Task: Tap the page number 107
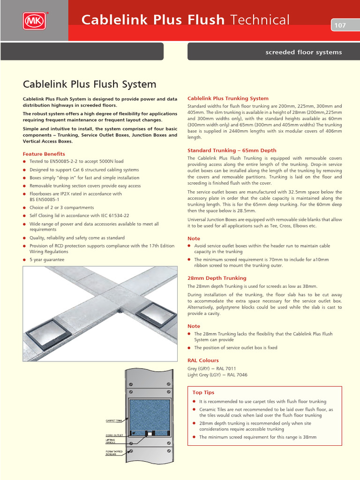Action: coord(340,25)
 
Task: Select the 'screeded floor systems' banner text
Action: coord(304,52)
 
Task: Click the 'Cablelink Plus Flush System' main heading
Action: coord(90,84)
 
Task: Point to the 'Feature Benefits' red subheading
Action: coord(44,154)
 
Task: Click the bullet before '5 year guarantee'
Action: coord(24,260)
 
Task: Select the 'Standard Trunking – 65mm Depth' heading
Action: coord(232,150)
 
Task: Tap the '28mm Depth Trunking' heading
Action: coord(217,278)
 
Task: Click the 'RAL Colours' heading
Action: coord(203,360)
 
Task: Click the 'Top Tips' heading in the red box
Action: coord(203,392)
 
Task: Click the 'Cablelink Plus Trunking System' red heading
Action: coord(228,98)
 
